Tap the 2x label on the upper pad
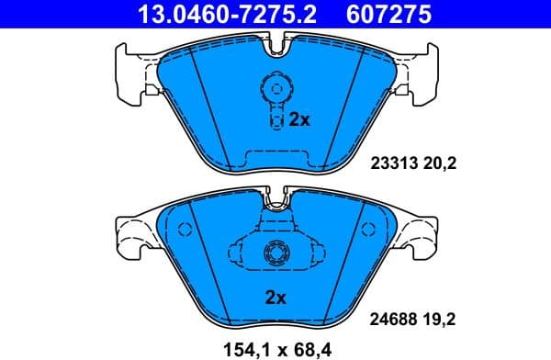[x=300, y=119]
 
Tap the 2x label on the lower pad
[x=275, y=297]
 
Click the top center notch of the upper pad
[x=275, y=41]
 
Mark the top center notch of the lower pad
[x=275, y=197]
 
